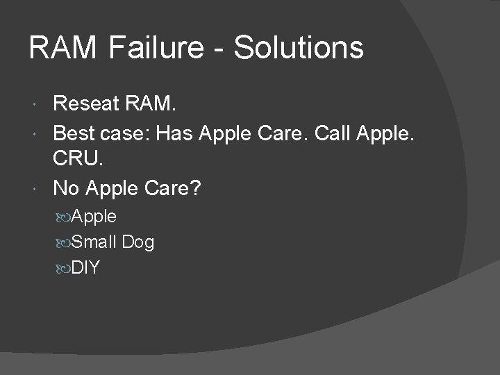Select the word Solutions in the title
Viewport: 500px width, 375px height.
click(299, 49)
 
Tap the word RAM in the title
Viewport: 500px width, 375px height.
click(64, 49)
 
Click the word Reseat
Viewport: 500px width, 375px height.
click(85, 104)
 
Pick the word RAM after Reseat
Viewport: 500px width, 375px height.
click(151, 104)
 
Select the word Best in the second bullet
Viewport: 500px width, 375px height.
click(74, 132)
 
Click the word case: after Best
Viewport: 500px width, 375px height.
click(125, 133)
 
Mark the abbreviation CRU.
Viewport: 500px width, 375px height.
click(78, 160)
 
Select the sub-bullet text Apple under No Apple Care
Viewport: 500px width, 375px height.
click(94, 217)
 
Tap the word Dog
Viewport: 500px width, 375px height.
click(138, 242)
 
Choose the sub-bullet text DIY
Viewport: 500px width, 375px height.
click(86, 267)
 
